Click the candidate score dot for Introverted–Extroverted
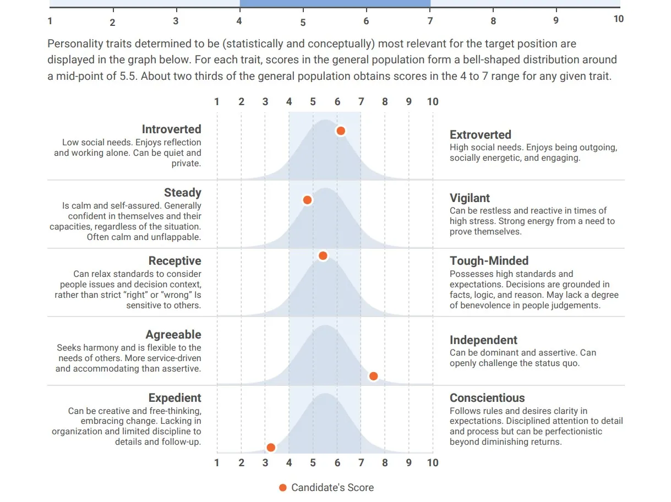(x=341, y=131)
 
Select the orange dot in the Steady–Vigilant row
(x=307, y=200)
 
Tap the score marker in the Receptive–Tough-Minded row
(x=323, y=256)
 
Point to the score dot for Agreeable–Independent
(x=373, y=376)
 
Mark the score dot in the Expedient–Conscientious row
(x=270, y=448)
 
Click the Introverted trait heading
(x=171, y=129)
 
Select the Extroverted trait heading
(x=480, y=135)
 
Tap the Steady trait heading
(x=182, y=193)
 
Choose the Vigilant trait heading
(x=470, y=198)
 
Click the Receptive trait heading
(x=174, y=261)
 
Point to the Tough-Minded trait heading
(x=489, y=261)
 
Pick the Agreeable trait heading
(x=173, y=335)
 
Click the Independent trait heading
(x=483, y=340)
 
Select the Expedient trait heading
(x=174, y=398)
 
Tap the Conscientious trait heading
(x=487, y=398)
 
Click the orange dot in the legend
(x=283, y=488)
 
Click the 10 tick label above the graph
(x=433, y=102)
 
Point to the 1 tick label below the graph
(x=217, y=463)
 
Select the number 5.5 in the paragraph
(x=127, y=76)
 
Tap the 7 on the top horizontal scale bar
(x=429, y=21)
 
